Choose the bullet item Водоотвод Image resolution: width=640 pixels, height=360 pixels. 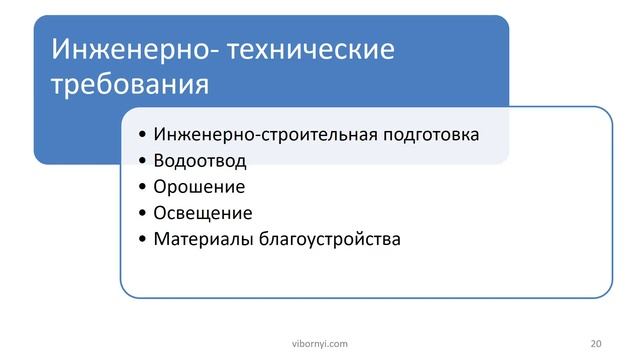tap(200, 160)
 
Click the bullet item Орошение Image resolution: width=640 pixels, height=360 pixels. tap(199, 186)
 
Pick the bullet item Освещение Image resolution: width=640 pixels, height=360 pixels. tap(203, 213)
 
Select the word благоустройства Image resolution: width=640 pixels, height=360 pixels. tap(329, 239)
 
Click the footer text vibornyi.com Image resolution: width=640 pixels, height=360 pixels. tap(319, 343)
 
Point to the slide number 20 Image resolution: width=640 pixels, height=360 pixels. tap(596, 343)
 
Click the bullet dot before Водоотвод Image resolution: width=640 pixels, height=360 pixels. tap(144, 161)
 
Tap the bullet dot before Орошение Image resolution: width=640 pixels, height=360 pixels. tap(144, 187)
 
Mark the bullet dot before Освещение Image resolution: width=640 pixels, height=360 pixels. tap(144, 214)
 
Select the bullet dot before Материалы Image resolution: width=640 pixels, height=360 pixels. tap(144, 240)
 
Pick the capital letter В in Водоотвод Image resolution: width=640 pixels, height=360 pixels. tap(159, 160)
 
